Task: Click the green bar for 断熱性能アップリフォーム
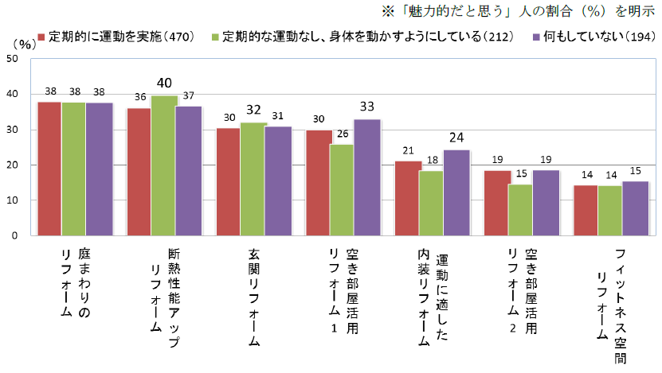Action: point(163,165)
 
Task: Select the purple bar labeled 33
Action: point(367,177)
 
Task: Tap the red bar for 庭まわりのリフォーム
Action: point(49,169)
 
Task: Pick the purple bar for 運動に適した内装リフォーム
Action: point(456,192)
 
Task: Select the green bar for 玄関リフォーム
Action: point(253,179)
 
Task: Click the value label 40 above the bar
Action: point(164,83)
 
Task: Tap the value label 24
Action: point(457,137)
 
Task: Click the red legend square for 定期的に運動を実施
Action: point(41,37)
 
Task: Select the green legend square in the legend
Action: point(217,37)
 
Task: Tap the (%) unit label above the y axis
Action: point(25,45)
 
